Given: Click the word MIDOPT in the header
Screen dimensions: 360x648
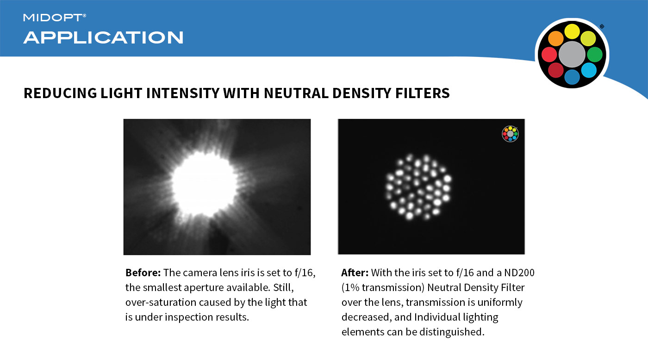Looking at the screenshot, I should (x=53, y=18).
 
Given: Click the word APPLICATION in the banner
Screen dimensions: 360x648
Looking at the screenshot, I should (x=103, y=37).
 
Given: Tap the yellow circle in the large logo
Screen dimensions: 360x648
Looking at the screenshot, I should (x=572, y=31).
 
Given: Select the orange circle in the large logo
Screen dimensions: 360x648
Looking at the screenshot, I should (x=555, y=38).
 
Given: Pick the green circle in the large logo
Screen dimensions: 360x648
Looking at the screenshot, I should (x=595, y=55).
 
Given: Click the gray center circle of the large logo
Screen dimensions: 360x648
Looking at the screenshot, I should (x=572, y=55).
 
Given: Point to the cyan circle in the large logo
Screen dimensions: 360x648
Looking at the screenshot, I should (x=589, y=70).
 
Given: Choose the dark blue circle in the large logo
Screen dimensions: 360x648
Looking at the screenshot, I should (x=572, y=77).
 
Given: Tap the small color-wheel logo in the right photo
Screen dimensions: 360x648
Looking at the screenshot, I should (x=510, y=134).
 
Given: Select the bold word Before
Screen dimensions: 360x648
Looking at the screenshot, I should (x=143, y=273).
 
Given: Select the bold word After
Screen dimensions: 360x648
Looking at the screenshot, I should (x=355, y=273).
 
